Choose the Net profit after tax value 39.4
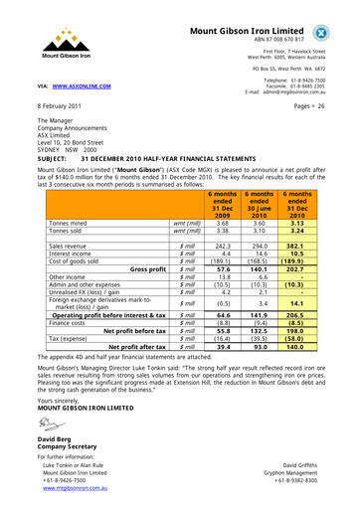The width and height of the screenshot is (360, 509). point(224,374)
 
